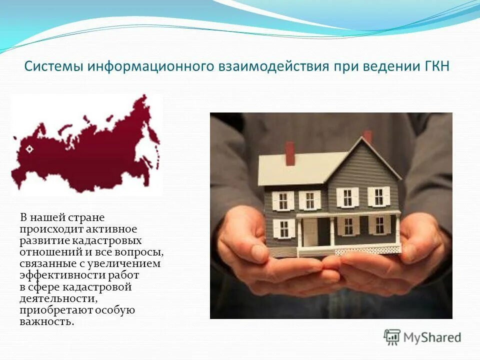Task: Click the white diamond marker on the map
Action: (28, 148)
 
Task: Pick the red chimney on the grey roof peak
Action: (368, 136)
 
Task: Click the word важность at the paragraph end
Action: (46, 321)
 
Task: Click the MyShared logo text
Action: (432, 337)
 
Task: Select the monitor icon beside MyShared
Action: (392, 337)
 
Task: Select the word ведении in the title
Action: (390, 67)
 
